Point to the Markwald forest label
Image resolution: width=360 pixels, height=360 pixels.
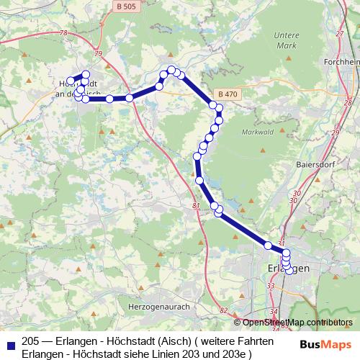tap(256, 131)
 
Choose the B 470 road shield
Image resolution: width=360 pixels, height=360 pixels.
tap(226, 95)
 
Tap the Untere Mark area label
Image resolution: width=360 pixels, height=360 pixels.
tap(287, 41)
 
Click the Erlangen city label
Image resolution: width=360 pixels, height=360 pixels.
tap(288, 268)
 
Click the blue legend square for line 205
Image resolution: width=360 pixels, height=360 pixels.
tap(10, 345)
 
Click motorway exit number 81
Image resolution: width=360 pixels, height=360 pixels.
tap(196, 207)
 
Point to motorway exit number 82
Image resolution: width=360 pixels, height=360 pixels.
tap(224, 310)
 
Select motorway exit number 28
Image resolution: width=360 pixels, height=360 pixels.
tap(348, 102)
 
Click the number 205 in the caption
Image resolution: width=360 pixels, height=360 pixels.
tap(31, 341)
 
